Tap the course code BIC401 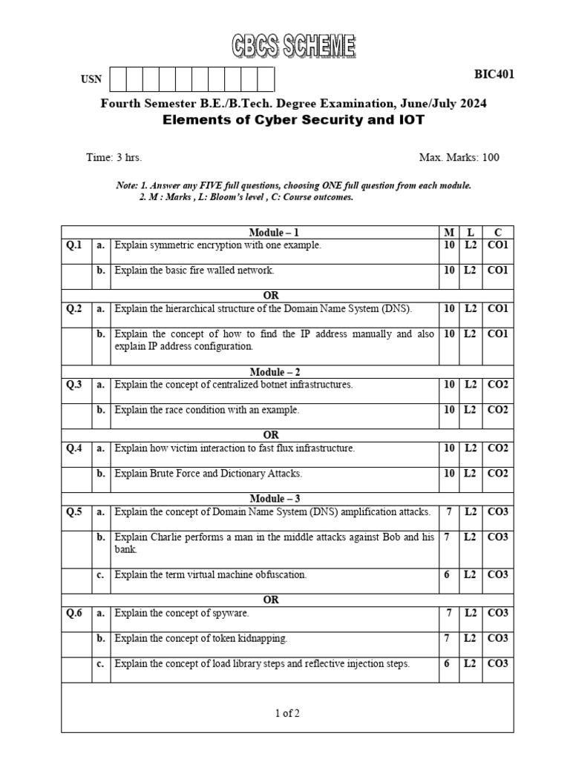pos(494,74)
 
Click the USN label pos(91,80)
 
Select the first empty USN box pos(117,79)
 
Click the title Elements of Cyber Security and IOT pos(294,120)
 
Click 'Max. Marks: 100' pos(459,158)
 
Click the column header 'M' pos(448,233)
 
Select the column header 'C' pos(497,233)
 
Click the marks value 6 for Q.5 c pos(448,574)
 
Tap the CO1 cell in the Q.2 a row pos(497,308)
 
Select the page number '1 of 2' pos(287,714)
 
